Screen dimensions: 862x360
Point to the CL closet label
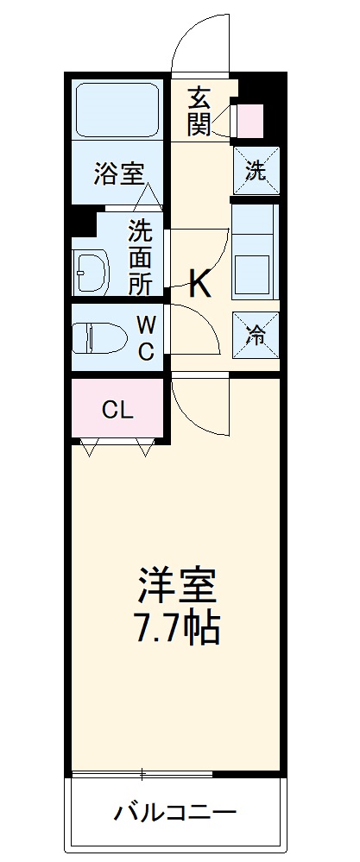click(117, 410)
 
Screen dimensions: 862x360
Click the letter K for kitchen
click(199, 283)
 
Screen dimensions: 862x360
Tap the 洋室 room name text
click(176, 588)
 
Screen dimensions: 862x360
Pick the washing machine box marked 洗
click(256, 170)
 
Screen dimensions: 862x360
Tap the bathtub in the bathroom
click(118, 110)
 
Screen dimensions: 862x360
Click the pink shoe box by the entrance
click(249, 122)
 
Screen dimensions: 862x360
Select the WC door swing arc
click(195, 329)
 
